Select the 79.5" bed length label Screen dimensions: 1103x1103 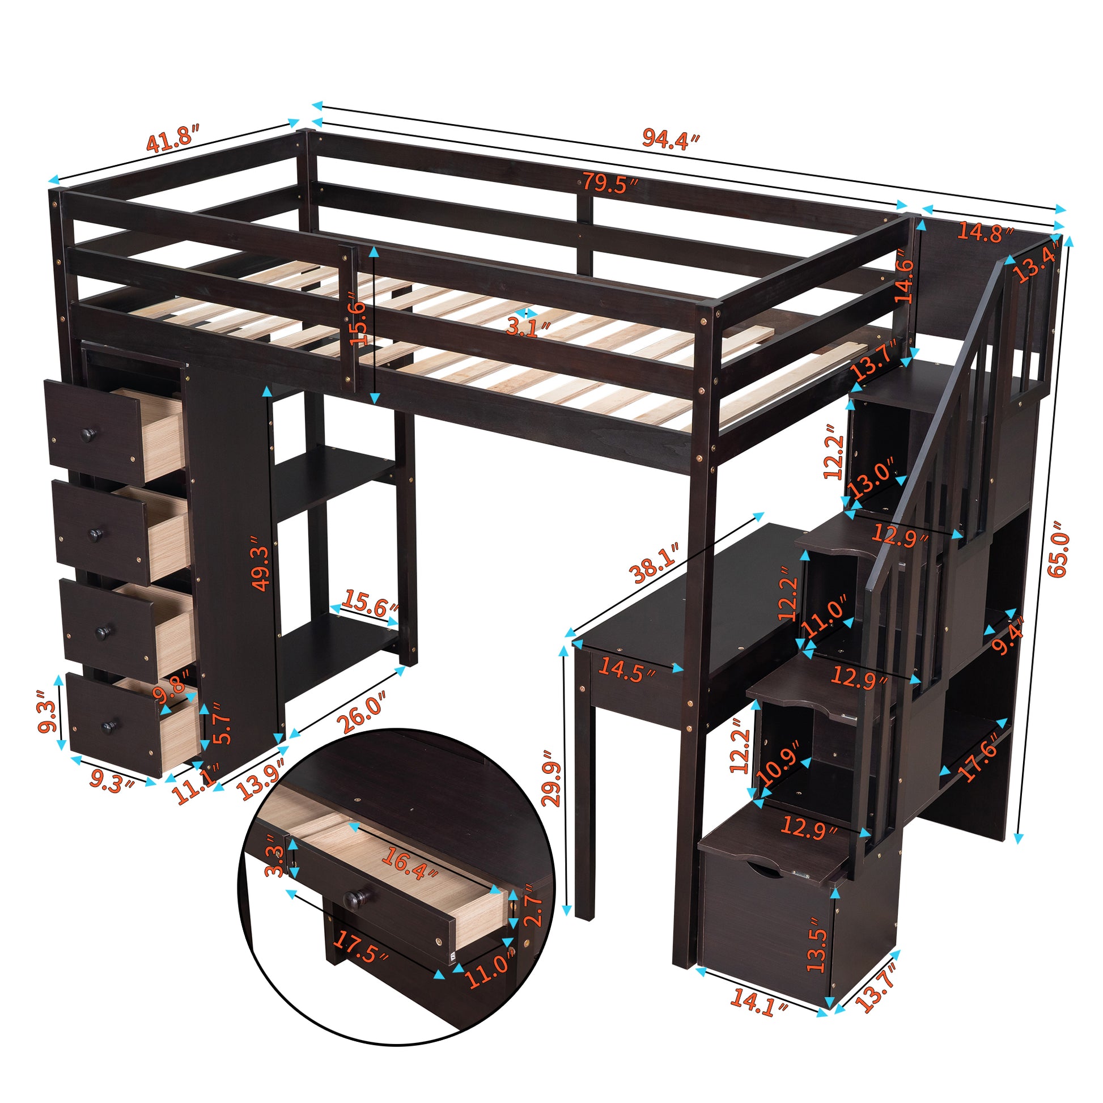(x=610, y=184)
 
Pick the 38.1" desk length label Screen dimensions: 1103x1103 (x=655, y=563)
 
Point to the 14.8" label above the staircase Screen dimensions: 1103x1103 (x=985, y=232)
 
